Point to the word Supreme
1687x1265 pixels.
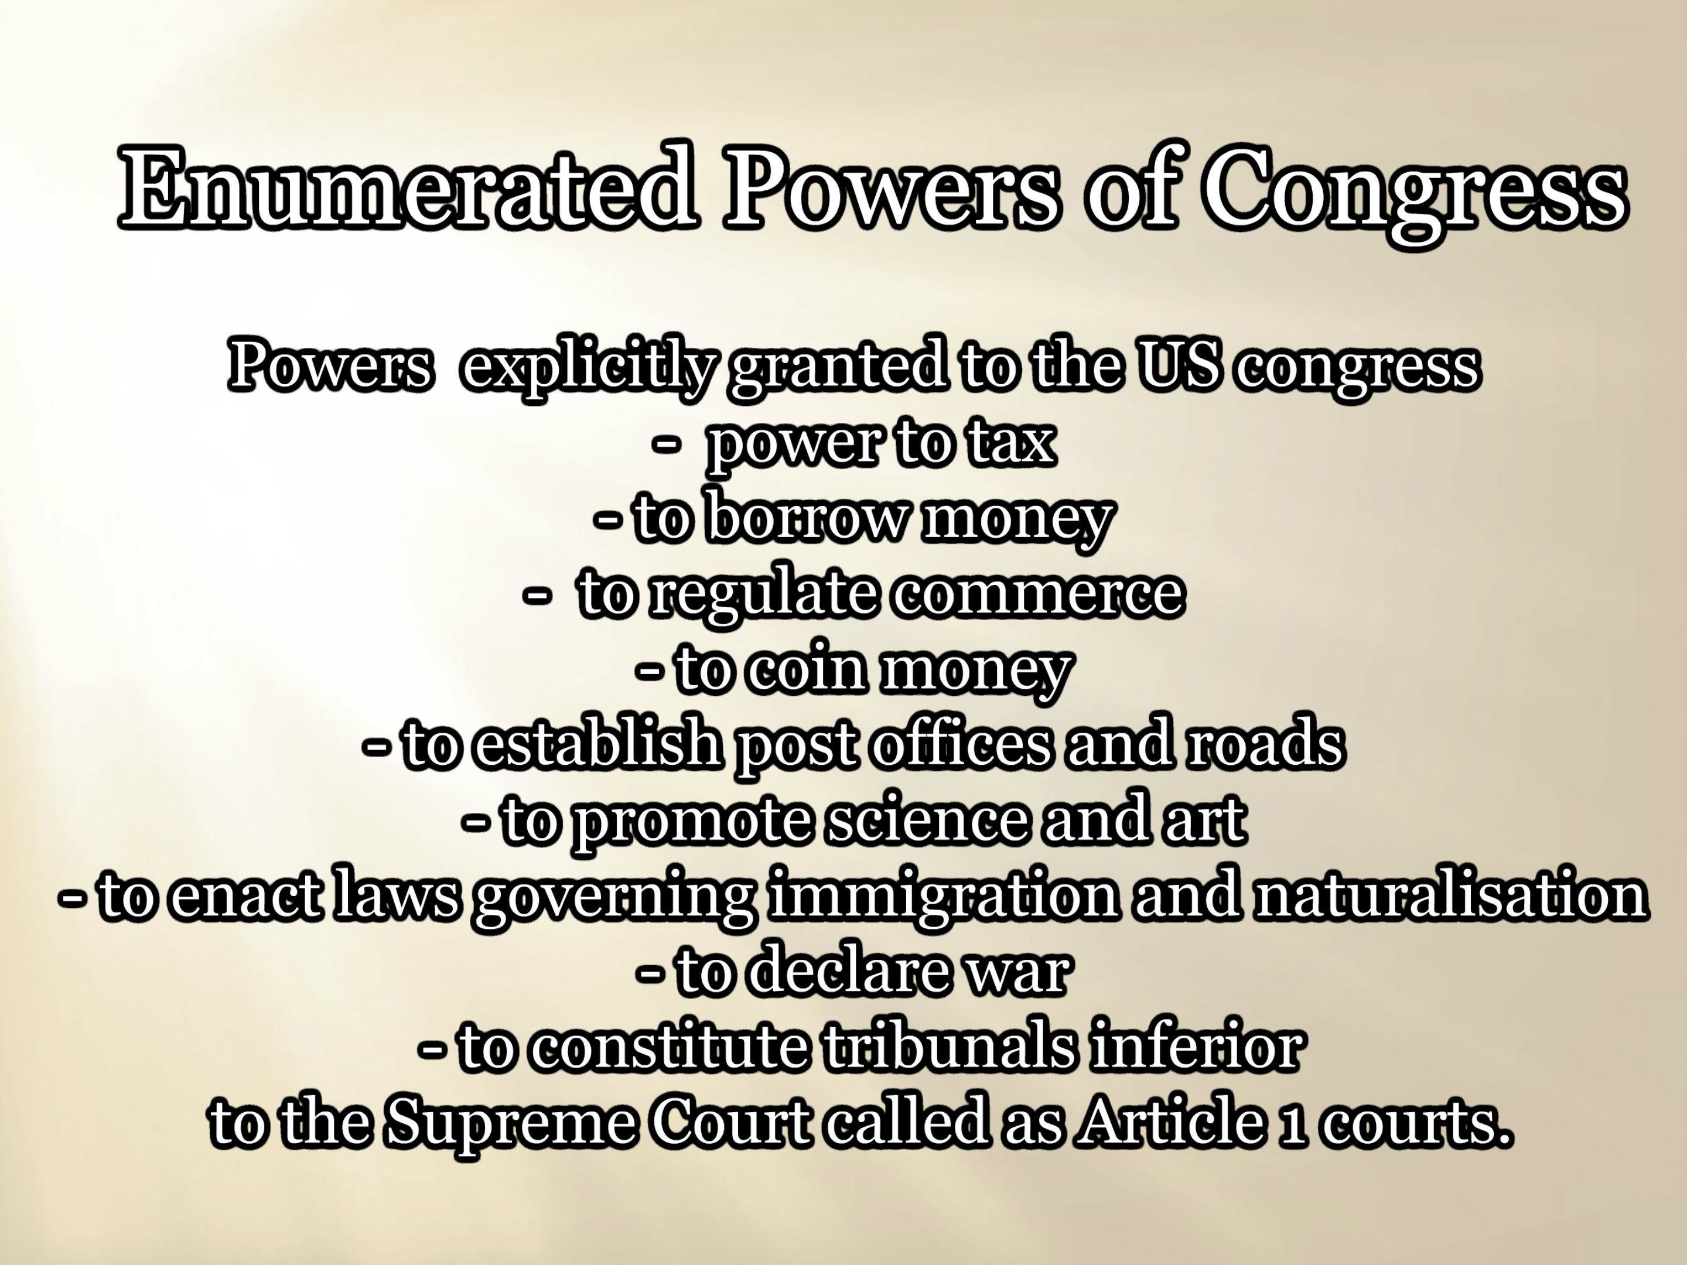click(x=508, y=1124)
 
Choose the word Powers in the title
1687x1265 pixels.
click(x=892, y=186)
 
